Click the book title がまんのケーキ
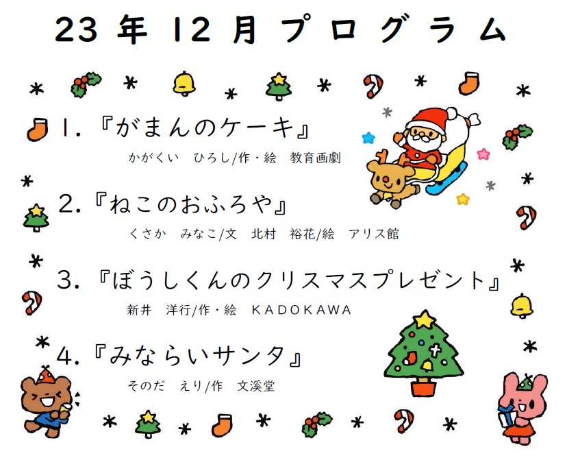pos(205,128)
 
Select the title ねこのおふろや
pos(190,204)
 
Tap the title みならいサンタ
pos(197,355)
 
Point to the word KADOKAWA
pos(301,310)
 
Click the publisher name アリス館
pos(374,234)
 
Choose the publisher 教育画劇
pos(315,158)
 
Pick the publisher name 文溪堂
pos(256,386)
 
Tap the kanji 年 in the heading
pos(132,29)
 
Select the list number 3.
pos(65,280)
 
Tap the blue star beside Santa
pos(368,138)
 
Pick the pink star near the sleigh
pos(483,154)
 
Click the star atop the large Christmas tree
pos(424,319)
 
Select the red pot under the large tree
pos(424,387)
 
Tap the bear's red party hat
pos(45,375)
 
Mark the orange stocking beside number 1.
pos(38,129)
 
